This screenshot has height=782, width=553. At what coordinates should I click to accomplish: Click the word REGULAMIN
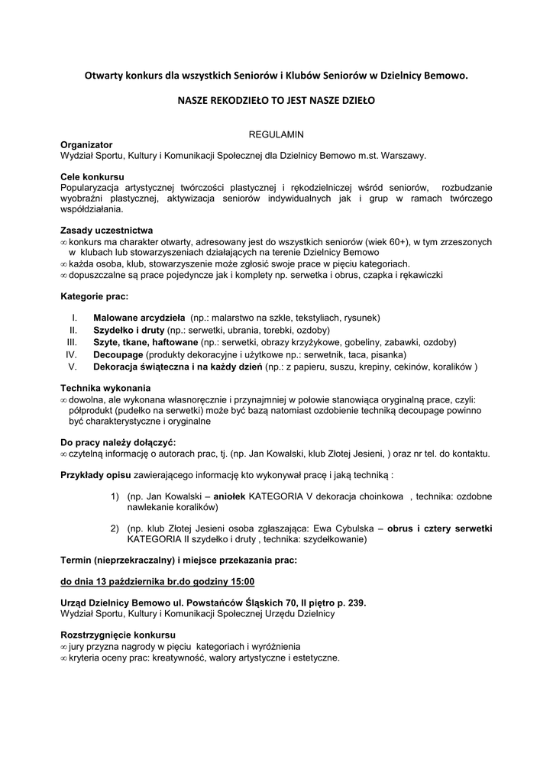(x=276, y=134)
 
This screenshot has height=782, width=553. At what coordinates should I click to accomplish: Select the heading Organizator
(x=86, y=144)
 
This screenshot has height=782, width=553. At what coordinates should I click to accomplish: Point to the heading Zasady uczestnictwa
(x=106, y=231)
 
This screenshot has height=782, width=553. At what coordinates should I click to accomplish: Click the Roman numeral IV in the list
(x=71, y=354)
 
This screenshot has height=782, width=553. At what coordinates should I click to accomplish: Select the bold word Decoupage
(x=118, y=354)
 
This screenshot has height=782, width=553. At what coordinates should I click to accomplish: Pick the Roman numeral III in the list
(x=72, y=342)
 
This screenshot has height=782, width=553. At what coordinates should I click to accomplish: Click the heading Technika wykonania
(x=105, y=388)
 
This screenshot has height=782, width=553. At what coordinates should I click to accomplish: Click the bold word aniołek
(x=231, y=496)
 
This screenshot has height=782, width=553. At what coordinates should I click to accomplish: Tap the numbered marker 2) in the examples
(x=115, y=528)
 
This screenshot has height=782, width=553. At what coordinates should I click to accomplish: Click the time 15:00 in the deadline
(x=241, y=582)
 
